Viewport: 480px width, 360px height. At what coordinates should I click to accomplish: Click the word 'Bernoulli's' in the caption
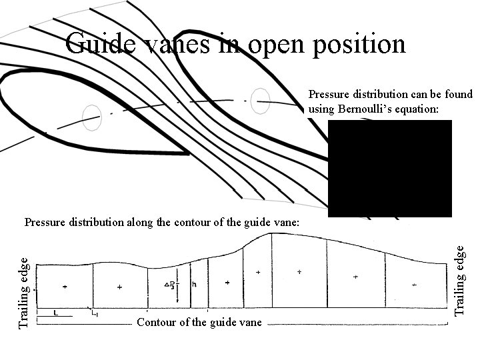coord(364,108)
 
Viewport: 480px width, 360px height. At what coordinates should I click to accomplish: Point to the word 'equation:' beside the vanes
coord(417,108)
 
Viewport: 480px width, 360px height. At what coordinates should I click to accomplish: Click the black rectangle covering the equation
coord(390,168)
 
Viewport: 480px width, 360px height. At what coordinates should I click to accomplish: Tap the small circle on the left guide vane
coord(91,117)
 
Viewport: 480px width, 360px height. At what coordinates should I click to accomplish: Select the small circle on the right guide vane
coord(261,101)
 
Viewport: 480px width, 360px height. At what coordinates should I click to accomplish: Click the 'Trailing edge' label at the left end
coord(24,292)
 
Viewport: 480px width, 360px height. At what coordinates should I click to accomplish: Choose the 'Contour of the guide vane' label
coord(199,323)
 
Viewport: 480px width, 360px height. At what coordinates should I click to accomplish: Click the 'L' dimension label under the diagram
coord(57,311)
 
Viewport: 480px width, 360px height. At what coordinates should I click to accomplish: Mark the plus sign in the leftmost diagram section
coord(65,287)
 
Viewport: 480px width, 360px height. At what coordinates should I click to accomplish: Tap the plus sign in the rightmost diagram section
coord(414,285)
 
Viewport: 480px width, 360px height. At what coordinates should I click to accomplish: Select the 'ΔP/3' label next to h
coord(171,285)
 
